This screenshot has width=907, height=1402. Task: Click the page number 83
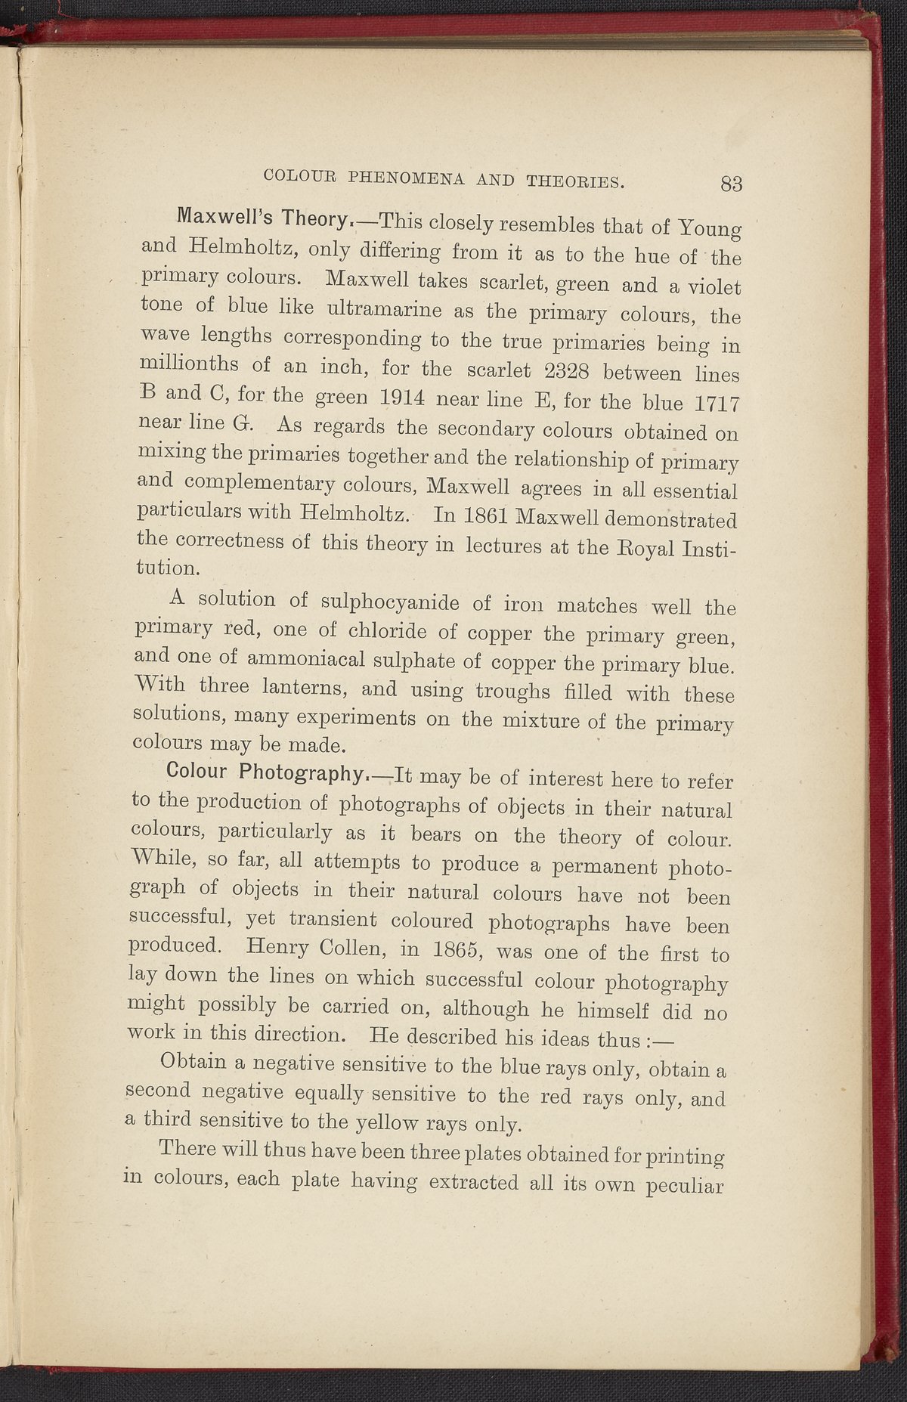point(732,184)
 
